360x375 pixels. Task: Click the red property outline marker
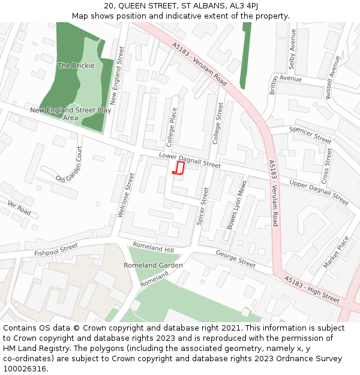click(178, 167)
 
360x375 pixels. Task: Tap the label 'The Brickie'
click(76, 65)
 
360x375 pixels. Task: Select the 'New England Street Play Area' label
click(71, 114)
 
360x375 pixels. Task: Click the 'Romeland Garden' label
click(153, 265)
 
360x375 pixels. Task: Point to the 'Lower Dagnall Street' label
click(190, 160)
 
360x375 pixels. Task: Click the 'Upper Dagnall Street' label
click(319, 191)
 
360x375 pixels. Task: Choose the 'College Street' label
click(219, 123)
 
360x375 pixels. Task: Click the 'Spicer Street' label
click(203, 206)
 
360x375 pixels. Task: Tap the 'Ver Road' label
click(19, 208)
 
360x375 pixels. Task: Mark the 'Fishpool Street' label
click(56, 249)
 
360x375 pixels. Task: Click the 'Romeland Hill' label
click(153, 247)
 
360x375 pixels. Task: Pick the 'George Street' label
click(236, 259)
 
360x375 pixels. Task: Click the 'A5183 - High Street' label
click(313, 289)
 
